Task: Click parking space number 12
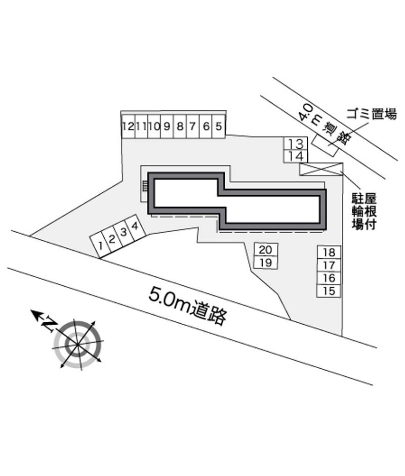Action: tap(128, 126)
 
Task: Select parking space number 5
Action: tap(219, 126)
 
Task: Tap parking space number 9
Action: tap(167, 126)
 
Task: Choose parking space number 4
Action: tap(135, 226)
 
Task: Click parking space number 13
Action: tap(296, 143)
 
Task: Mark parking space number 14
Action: tap(296, 156)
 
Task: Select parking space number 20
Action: tap(266, 249)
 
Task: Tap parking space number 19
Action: tap(266, 263)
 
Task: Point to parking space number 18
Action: tap(329, 252)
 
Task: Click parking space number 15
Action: tap(329, 291)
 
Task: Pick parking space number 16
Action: tap(329, 278)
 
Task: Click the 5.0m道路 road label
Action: tap(187, 307)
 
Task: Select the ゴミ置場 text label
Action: tap(372, 114)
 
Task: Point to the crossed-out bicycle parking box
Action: tap(321, 169)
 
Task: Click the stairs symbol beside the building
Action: tap(145, 186)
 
